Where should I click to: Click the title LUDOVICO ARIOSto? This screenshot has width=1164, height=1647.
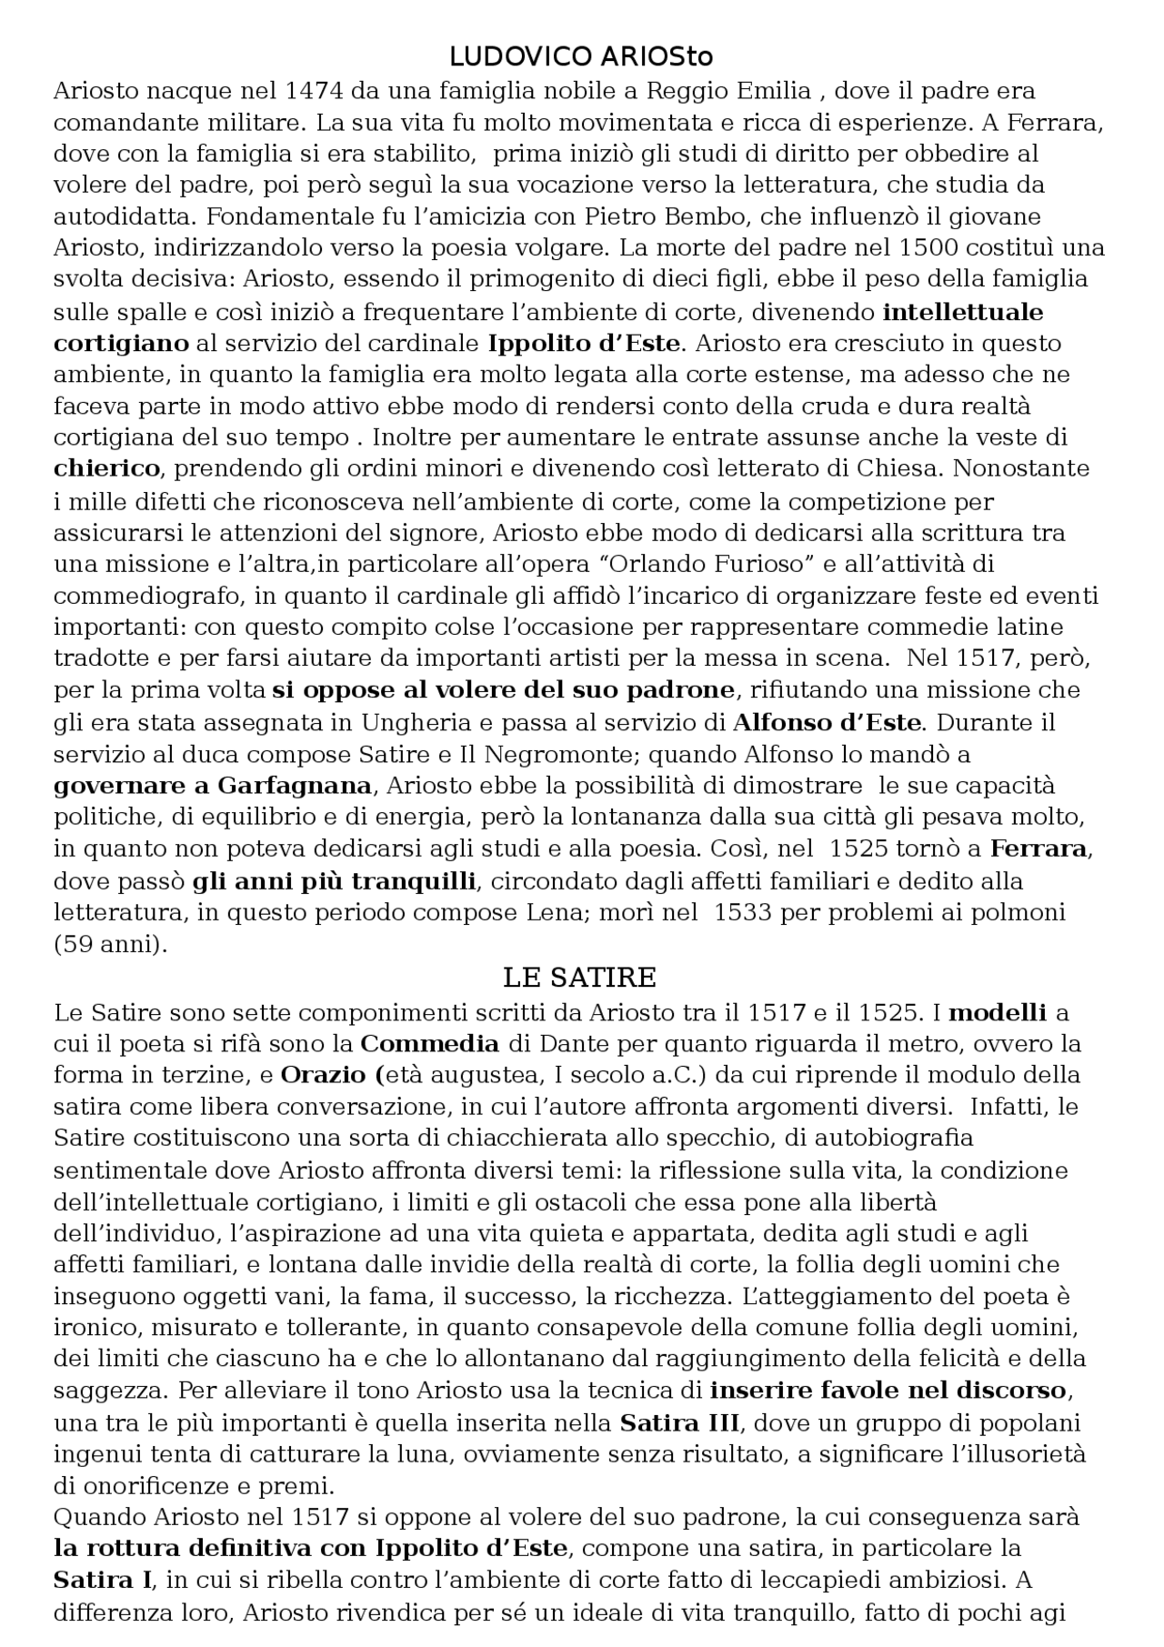pyautogui.click(x=581, y=57)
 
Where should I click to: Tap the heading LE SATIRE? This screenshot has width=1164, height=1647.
pyautogui.click(x=579, y=978)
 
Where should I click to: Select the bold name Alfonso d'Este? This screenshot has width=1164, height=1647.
pyautogui.click(x=828, y=723)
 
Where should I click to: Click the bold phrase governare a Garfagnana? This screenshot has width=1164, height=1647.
pyautogui.click(x=213, y=786)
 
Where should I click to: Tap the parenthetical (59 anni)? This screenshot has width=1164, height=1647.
pyautogui.click(x=111, y=944)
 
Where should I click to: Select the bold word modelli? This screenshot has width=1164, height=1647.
pyautogui.click(x=997, y=1012)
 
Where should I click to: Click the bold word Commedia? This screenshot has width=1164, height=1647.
pyautogui.click(x=430, y=1043)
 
